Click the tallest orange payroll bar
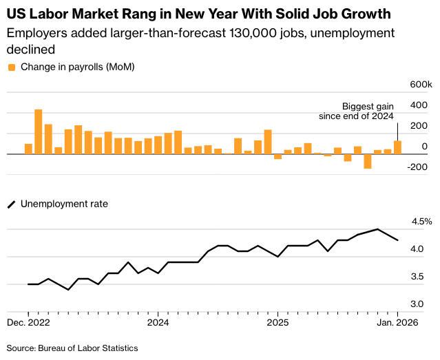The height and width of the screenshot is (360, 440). point(39,131)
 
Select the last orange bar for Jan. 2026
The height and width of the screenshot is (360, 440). point(397,147)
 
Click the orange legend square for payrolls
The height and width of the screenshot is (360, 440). point(12,67)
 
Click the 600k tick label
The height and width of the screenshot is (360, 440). point(419,84)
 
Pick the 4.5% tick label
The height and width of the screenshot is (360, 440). point(421,222)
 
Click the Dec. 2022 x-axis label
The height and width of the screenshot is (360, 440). point(28,322)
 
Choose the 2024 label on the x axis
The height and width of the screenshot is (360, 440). point(158,322)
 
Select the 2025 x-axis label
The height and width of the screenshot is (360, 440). point(277,322)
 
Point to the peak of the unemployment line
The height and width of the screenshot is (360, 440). point(377,229)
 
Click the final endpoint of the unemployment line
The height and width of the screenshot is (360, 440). point(397,240)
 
